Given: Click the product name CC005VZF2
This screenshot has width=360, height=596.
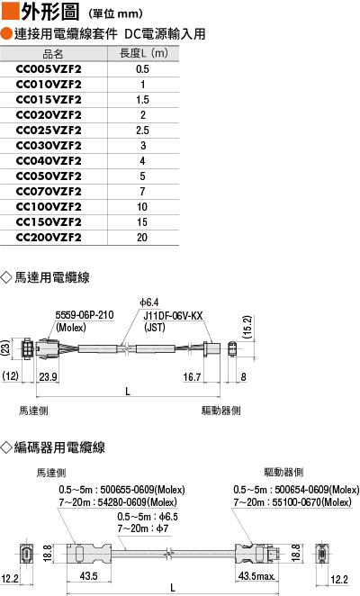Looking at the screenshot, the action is [49, 69].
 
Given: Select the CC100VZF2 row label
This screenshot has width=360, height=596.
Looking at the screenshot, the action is [49, 207].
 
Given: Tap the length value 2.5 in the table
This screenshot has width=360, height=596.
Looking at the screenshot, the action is [142, 131].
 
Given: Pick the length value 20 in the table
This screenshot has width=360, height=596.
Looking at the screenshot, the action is [142, 238].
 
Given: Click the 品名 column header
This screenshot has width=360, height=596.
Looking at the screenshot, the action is [53, 54].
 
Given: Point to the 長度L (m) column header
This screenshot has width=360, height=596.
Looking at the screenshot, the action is [144, 53].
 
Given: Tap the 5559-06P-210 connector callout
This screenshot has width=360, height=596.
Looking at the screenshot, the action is [85, 315].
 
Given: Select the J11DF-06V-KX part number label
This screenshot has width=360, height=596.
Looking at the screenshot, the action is [173, 316].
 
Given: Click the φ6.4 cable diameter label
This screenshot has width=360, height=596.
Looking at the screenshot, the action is [149, 303].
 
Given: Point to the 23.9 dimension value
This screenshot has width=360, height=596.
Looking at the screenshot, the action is [49, 376].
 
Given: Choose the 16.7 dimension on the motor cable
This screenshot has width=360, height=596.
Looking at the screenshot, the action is [192, 377].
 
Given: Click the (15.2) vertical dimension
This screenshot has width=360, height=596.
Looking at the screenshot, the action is [247, 327].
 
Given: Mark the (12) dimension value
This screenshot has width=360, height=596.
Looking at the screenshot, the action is [10, 376].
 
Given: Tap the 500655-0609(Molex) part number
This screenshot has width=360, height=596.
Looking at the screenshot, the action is [142, 490].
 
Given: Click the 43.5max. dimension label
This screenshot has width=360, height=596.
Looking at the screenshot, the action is [256, 576].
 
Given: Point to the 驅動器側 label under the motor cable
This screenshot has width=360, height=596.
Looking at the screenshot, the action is [220, 411].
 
